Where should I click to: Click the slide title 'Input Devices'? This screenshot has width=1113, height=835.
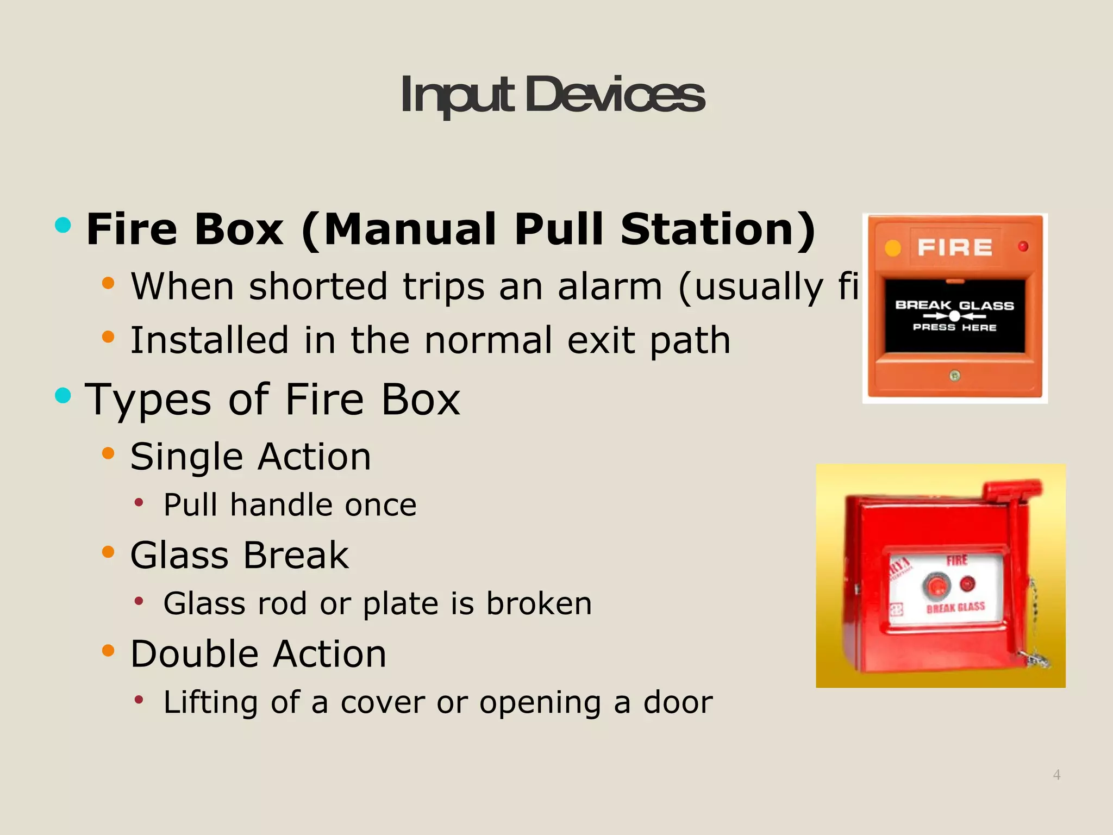[552, 96]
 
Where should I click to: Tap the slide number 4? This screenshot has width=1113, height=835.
[1056, 775]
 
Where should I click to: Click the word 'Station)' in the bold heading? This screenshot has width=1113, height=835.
[718, 229]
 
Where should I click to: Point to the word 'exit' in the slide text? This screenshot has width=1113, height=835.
[601, 340]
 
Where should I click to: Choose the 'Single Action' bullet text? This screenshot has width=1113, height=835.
[251, 457]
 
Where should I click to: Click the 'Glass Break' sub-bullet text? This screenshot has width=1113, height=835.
[240, 556]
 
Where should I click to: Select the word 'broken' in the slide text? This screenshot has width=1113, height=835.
[539, 603]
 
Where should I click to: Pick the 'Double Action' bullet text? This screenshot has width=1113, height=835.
[258, 654]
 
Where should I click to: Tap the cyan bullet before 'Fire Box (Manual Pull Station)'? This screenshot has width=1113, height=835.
[63, 225]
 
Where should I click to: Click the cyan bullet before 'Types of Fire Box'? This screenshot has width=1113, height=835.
[63, 395]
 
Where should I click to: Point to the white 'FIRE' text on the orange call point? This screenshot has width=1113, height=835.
[955, 248]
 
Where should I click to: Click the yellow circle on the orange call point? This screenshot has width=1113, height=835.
[893, 248]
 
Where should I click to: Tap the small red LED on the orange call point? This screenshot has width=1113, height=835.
[1023, 247]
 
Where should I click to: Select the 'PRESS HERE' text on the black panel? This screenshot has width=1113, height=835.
[954, 327]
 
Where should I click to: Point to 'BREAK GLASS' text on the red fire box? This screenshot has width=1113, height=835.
[955, 607]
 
